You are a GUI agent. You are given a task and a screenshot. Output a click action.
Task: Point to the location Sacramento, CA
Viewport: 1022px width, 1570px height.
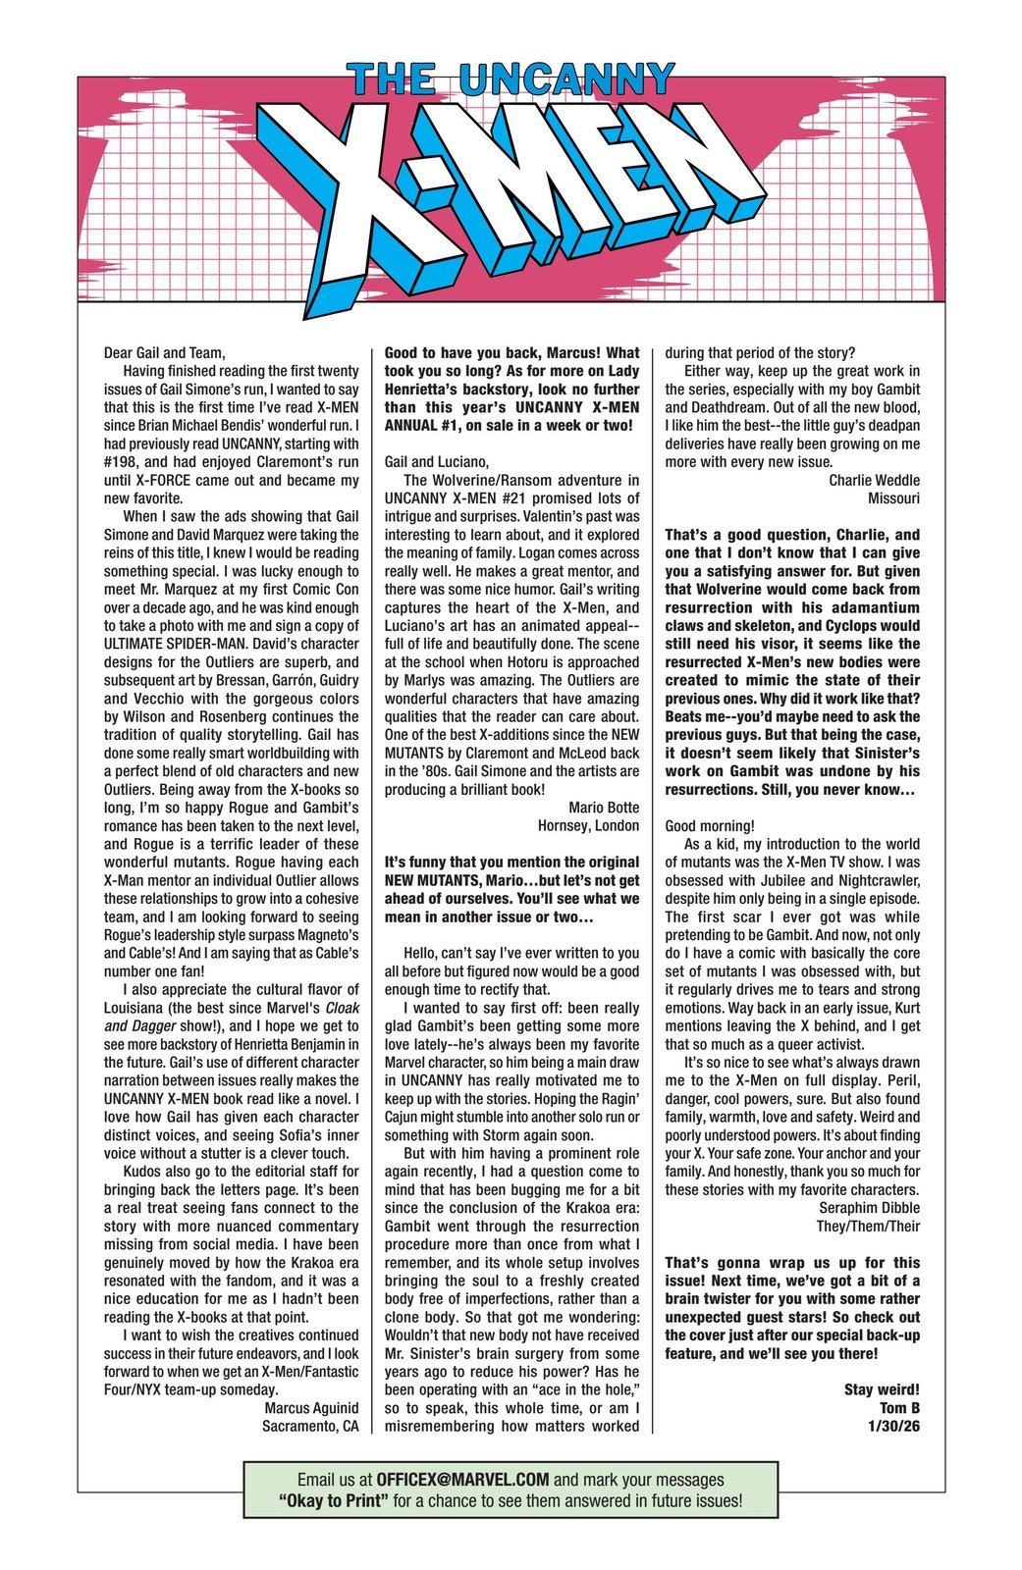tap(310, 1426)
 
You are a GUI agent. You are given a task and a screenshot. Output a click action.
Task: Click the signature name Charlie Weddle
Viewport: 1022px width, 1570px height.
tap(874, 480)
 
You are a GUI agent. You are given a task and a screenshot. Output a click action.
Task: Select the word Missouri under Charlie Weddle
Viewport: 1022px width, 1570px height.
tap(893, 498)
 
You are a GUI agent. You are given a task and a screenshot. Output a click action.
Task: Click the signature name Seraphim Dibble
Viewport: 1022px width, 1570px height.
tap(867, 1207)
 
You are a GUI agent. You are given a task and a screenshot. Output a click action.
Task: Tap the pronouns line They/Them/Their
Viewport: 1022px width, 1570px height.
tap(868, 1226)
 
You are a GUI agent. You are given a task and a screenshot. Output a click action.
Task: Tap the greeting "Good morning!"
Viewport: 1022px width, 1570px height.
tap(709, 825)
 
